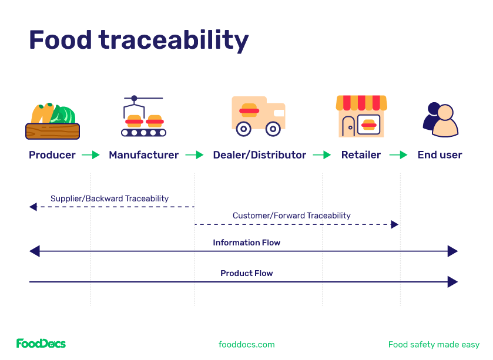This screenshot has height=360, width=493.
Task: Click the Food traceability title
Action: [x=139, y=41]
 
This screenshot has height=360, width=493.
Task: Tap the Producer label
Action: [x=52, y=155]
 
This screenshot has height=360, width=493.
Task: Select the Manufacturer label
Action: [x=143, y=155]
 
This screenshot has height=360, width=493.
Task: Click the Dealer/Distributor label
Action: [x=259, y=155]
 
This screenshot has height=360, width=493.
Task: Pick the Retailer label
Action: [x=361, y=155]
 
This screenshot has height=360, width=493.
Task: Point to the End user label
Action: [x=440, y=155]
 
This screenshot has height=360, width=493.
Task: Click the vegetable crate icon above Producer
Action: [x=52, y=121]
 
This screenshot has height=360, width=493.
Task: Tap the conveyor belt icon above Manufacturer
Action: [x=143, y=117]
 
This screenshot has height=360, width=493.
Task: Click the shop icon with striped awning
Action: [x=361, y=116]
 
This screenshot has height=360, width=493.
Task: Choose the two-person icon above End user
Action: [x=440, y=119]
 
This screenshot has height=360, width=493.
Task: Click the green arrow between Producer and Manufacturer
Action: [x=91, y=155]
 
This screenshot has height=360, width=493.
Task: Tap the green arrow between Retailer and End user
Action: [x=398, y=155]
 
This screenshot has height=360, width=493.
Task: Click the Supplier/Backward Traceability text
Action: [x=109, y=198]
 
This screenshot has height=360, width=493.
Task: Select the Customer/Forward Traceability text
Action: [x=291, y=216]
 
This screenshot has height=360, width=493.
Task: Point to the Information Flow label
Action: [x=246, y=243]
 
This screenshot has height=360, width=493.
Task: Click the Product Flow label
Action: [x=246, y=273]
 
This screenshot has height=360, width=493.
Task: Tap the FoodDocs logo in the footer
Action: [x=41, y=344]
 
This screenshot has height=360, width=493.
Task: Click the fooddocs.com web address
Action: [x=246, y=345]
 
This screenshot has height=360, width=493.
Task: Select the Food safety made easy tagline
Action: [x=434, y=345]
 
